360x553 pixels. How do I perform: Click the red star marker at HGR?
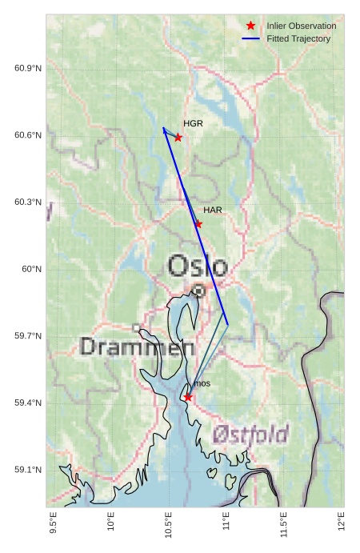pos(178,138)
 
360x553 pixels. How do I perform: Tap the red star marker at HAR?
pos(198,224)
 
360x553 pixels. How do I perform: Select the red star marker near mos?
pos(187,397)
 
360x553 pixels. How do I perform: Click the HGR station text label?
pos(193,124)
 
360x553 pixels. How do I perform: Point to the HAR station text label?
pos(212,210)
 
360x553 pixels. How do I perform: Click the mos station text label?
pos(202,384)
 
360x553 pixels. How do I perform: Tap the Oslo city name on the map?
pos(198,266)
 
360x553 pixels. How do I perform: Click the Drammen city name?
pos(137,347)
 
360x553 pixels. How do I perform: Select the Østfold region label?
pos(250,435)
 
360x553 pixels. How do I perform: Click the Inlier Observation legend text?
pos(302,26)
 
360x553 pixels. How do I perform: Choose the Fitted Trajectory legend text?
pos(298,39)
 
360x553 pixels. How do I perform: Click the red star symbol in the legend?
pos(250,26)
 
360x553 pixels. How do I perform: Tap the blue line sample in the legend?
pos(250,39)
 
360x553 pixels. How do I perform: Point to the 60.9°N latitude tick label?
pos(28,68)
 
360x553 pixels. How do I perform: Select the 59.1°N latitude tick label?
pos(28,469)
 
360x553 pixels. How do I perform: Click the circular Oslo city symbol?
pos(198,292)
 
